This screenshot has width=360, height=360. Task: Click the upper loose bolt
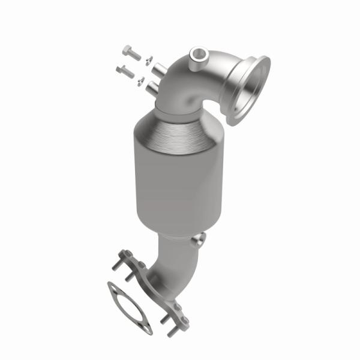point(131,53)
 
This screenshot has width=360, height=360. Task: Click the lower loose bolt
point(125,72)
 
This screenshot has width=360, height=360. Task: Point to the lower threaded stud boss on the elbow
point(152,88)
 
